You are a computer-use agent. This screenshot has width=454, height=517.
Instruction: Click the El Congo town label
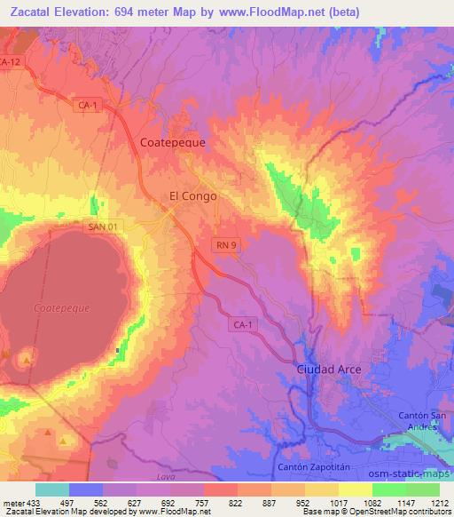point(192,196)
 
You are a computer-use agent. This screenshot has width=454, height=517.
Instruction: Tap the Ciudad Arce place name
point(329,368)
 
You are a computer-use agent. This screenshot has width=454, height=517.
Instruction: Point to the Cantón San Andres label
point(419,424)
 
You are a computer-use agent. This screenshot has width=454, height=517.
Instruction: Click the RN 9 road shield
point(225,243)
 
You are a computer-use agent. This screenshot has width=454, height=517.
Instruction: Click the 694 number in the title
point(151,12)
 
